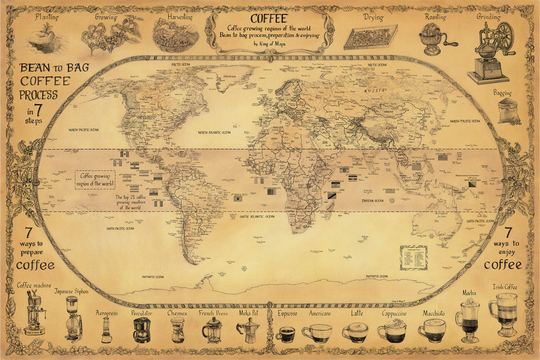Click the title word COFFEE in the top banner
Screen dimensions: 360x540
[x=269, y=19]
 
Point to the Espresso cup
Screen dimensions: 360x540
[x=285, y=334]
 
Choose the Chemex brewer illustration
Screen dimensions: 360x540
[x=177, y=331]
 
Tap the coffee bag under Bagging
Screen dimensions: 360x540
[x=509, y=111]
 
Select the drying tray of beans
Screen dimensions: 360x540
[x=371, y=37]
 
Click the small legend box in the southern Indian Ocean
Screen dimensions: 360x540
[x=413, y=257]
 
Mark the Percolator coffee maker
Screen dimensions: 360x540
[x=142, y=330]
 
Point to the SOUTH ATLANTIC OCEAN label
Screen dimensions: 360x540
[x=257, y=217]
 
